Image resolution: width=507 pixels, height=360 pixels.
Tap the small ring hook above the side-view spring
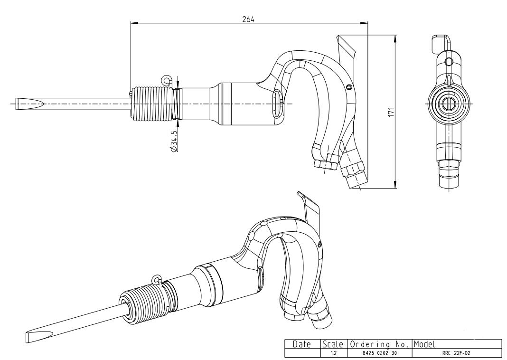(x=166, y=79)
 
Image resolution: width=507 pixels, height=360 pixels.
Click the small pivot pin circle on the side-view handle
(x=349, y=87)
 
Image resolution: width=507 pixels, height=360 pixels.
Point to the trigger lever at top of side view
(x=347, y=50)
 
